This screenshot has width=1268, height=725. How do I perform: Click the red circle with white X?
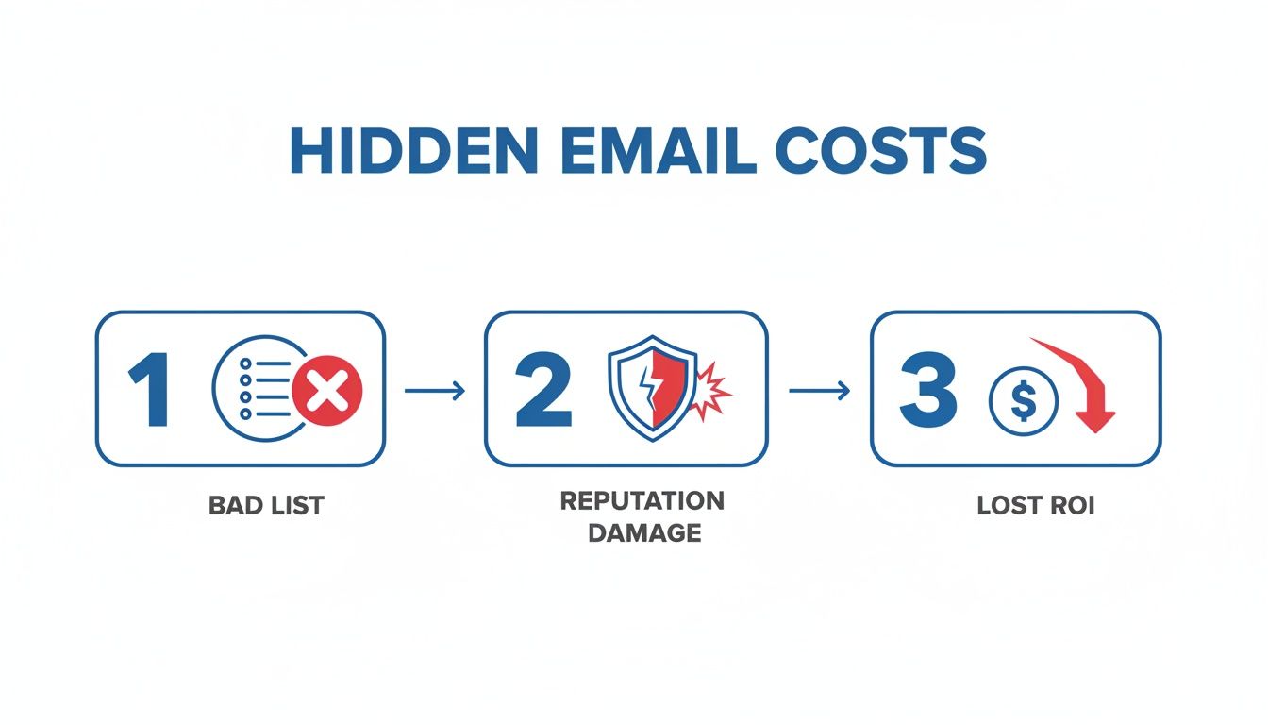pyautogui.click(x=327, y=390)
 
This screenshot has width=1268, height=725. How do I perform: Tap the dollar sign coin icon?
pyautogui.click(x=1023, y=399)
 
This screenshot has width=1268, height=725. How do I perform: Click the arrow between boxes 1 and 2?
pyautogui.click(x=434, y=390)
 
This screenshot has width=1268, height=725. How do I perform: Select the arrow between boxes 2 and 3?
pyautogui.click(x=818, y=390)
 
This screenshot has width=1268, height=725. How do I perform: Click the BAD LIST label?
pyautogui.click(x=265, y=506)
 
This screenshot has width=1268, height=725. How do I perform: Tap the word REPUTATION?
pyautogui.click(x=642, y=500)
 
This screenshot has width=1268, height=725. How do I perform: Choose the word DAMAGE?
pyautogui.click(x=643, y=532)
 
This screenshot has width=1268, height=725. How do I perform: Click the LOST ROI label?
pyautogui.click(x=1035, y=506)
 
